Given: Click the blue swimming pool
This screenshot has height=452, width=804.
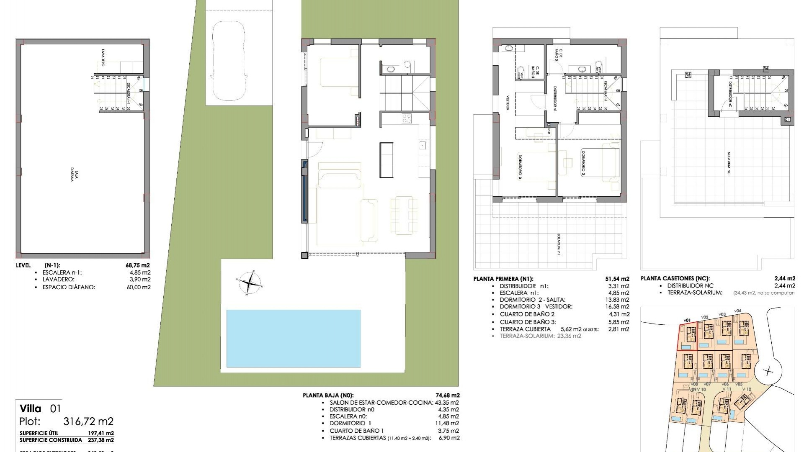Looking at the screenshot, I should pyautogui.click(x=293, y=338).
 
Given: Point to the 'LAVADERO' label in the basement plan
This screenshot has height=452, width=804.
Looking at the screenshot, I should pyautogui.click(x=103, y=58).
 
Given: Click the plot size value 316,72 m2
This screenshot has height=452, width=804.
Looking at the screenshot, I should pyautogui.click(x=88, y=421).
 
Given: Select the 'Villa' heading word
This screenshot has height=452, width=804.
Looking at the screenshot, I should pyautogui.click(x=31, y=409).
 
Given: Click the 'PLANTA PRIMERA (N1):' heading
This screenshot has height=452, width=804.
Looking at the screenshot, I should pyautogui.click(x=503, y=279).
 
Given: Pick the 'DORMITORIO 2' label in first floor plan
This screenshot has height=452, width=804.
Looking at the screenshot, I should pyautogui.click(x=582, y=162).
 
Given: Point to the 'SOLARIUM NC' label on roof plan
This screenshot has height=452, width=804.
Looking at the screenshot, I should pyautogui.click(x=729, y=163).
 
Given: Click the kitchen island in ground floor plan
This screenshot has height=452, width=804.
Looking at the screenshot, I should pyautogui.click(x=386, y=159).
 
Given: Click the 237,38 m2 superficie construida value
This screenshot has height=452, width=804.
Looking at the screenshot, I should pyautogui.click(x=100, y=440).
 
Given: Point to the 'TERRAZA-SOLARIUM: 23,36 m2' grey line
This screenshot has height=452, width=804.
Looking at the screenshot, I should pyautogui.click(x=540, y=336).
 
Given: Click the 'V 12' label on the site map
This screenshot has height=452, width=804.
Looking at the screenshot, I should pyautogui.click(x=747, y=389).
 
